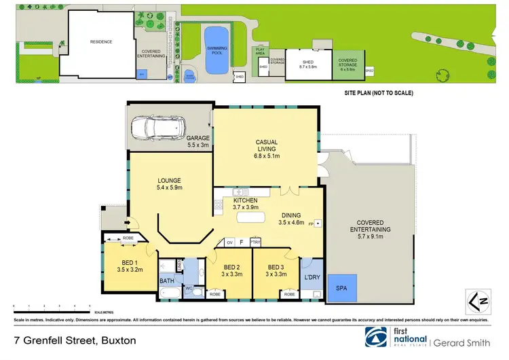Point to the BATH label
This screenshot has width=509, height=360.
pos(167,281)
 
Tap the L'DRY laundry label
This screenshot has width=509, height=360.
pos(312,278)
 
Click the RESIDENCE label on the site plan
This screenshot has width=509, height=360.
pos(101,41)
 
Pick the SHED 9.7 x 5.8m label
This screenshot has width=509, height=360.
pos(309,64)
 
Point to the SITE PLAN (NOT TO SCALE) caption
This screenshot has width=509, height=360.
pos(375,92)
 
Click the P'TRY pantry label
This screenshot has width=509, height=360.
pos(256,241)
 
